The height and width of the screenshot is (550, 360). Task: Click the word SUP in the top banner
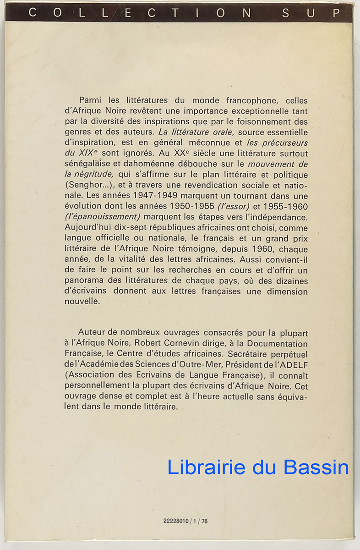click(x=311, y=13)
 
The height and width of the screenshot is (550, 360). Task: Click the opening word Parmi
click(x=90, y=100)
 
